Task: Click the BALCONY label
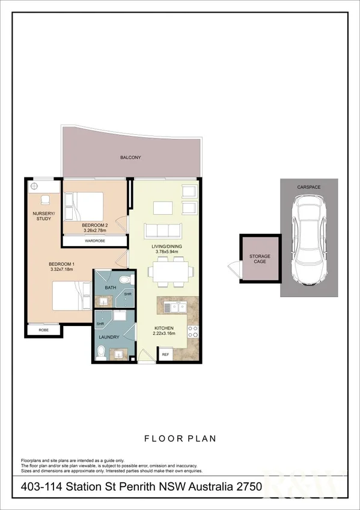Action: pyautogui.click(x=130, y=158)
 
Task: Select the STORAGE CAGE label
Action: pyautogui.click(x=260, y=260)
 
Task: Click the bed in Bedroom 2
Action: pyautogui.click(x=85, y=206)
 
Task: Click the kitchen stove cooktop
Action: pyautogui.click(x=194, y=331)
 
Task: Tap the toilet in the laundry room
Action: pyautogui.click(x=102, y=352)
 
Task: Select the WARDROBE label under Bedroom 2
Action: pyautogui.click(x=94, y=241)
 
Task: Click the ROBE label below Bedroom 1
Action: pyautogui.click(x=43, y=330)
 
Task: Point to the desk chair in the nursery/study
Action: pyautogui.click(x=44, y=199)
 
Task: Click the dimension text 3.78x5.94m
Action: pyautogui.click(x=166, y=253)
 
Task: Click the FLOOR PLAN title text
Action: pyautogui.click(x=180, y=439)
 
